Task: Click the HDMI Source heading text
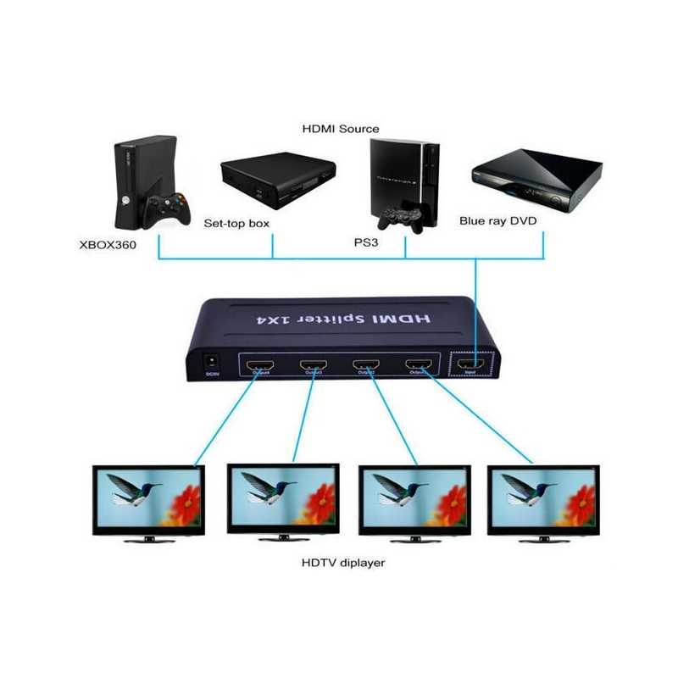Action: click(341, 129)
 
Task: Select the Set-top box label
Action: click(236, 224)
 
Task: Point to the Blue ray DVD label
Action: click(498, 220)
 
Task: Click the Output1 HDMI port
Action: click(258, 367)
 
